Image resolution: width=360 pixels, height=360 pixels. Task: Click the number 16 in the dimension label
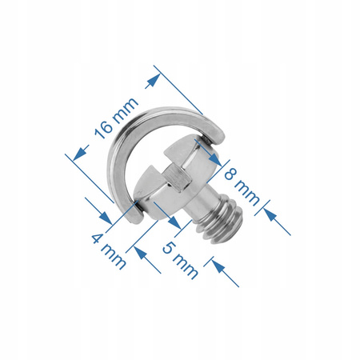105,129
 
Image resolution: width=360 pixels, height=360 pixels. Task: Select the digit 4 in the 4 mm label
98,238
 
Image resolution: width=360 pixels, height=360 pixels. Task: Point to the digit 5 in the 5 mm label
169,247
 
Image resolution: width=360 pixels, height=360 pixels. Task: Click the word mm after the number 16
126,107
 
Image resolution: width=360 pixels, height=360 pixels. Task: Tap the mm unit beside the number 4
114,257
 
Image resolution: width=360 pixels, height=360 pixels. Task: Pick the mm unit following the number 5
185,266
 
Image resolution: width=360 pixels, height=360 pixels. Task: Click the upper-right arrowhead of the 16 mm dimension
154,80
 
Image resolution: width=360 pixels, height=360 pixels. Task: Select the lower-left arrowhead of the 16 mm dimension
79,154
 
